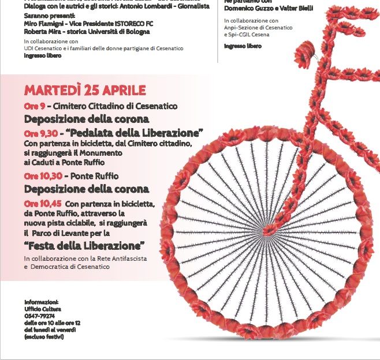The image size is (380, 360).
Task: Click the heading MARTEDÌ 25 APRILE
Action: pyautogui.click(x=85, y=91)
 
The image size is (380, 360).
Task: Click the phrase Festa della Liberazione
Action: pyautogui.click(x=84, y=246)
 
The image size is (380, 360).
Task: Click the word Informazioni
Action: pyautogui.click(x=42, y=302)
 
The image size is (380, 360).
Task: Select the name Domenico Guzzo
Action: pyautogui.click(x=248, y=7)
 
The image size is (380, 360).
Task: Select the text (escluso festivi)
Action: pyautogui.click(x=44, y=336)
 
